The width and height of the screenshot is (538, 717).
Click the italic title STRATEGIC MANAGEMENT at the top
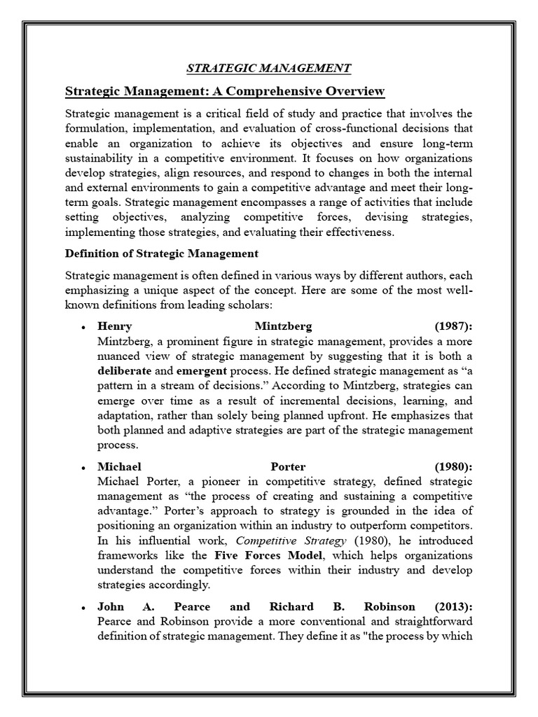268,68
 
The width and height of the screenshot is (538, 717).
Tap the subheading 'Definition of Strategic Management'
161,253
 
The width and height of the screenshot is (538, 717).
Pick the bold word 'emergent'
202,370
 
